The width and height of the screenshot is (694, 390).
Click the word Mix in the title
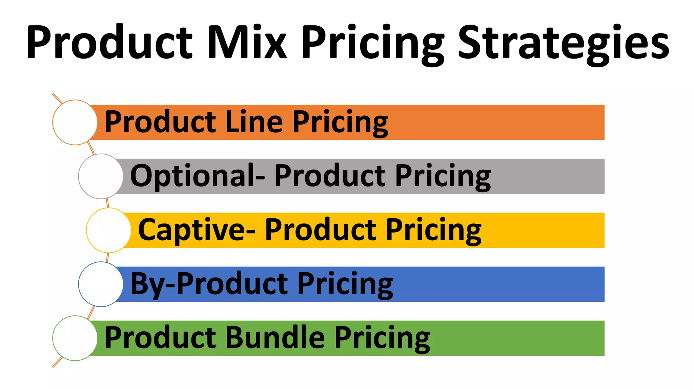tap(247, 42)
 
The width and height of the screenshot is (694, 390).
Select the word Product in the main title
tap(110, 42)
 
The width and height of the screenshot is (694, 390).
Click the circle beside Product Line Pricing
tap(75, 122)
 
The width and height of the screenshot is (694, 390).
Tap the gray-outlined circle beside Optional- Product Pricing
tap(101, 176)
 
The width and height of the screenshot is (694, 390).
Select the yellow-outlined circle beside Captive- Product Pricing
tap(108, 230)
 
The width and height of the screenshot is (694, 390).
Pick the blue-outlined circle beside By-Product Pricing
tap(101, 284)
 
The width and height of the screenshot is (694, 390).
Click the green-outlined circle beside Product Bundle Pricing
tap(75, 338)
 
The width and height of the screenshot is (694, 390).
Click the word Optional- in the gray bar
tap(198, 176)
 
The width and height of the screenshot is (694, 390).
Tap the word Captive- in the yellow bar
tap(197, 230)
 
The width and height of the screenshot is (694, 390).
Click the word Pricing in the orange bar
tap(340, 123)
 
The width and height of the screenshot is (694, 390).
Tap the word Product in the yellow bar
tap(321, 230)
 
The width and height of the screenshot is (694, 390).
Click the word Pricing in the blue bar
tap(345, 285)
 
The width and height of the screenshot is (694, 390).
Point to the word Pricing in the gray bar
tap(443, 177)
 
